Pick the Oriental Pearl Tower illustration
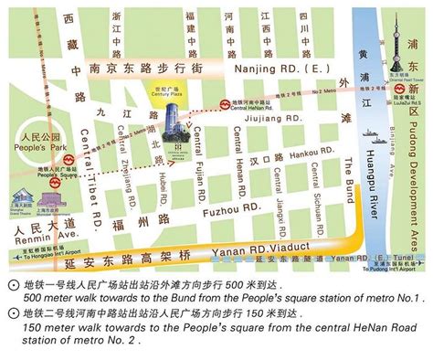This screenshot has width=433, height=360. pyautogui.click(x=400, y=41)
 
